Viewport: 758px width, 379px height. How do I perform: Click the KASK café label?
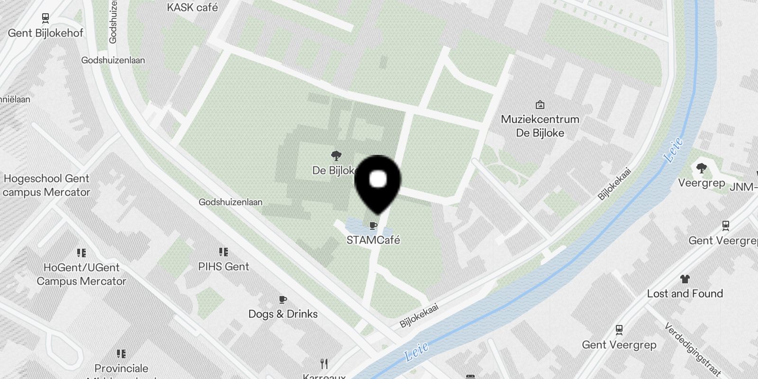pos(192,8)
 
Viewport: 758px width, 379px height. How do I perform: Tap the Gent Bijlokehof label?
pos(45,33)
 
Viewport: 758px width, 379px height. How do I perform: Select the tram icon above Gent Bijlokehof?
pos(45,18)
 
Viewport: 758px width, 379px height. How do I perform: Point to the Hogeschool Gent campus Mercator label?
pos(46,185)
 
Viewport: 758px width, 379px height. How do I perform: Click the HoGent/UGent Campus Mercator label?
pos(81,274)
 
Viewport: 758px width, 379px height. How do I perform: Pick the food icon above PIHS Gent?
pos(224,252)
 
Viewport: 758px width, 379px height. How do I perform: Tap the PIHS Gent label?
pos(224,267)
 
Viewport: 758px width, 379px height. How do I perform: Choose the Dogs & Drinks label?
pos(283,314)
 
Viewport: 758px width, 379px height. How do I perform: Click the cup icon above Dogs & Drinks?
pos(283,299)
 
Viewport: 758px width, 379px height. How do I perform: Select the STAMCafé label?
pos(373,240)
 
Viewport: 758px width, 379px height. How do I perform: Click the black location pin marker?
pos(378,182)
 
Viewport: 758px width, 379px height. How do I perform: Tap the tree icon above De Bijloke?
pos(336,155)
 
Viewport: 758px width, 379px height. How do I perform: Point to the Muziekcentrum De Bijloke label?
pos(540,126)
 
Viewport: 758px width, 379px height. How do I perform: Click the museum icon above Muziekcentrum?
pos(540,105)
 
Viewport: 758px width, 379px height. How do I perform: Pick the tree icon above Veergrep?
pos(701,168)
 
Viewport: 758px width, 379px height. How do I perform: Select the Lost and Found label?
pos(685,294)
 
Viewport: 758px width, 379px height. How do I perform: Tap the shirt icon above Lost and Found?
pos(685,279)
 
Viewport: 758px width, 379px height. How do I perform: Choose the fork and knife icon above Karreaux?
pos(324,364)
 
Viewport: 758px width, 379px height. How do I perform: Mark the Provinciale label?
pos(121,369)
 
